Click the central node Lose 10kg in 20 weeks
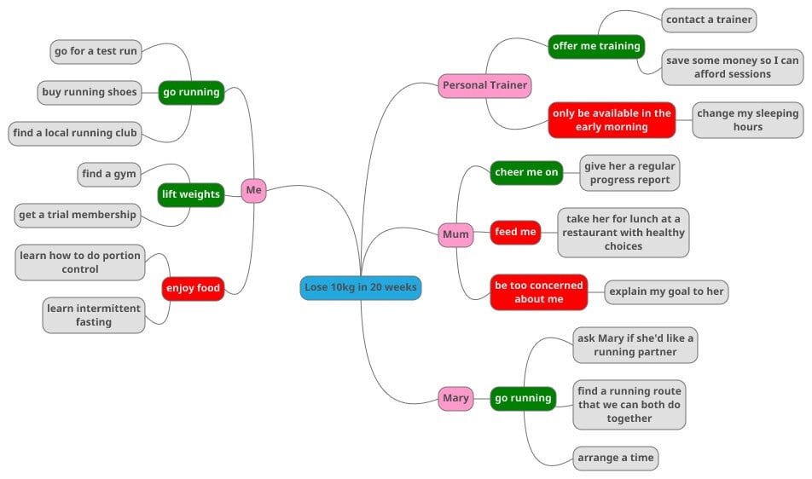[x=361, y=287]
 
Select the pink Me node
[x=253, y=190]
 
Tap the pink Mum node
[x=455, y=234]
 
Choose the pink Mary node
[x=455, y=398]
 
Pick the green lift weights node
[x=191, y=194]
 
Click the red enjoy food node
[x=193, y=288]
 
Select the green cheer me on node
[x=526, y=172]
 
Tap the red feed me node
[x=515, y=232]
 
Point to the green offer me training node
[x=596, y=46]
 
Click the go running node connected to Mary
[x=523, y=398]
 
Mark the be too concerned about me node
[x=538, y=292]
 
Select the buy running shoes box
[x=90, y=92]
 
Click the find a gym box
[x=108, y=174]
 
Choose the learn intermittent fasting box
[x=94, y=315]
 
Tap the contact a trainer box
[x=709, y=20]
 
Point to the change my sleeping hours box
[x=747, y=120]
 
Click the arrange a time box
[x=615, y=458]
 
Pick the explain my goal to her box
[x=666, y=291]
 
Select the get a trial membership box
[x=78, y=215]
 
